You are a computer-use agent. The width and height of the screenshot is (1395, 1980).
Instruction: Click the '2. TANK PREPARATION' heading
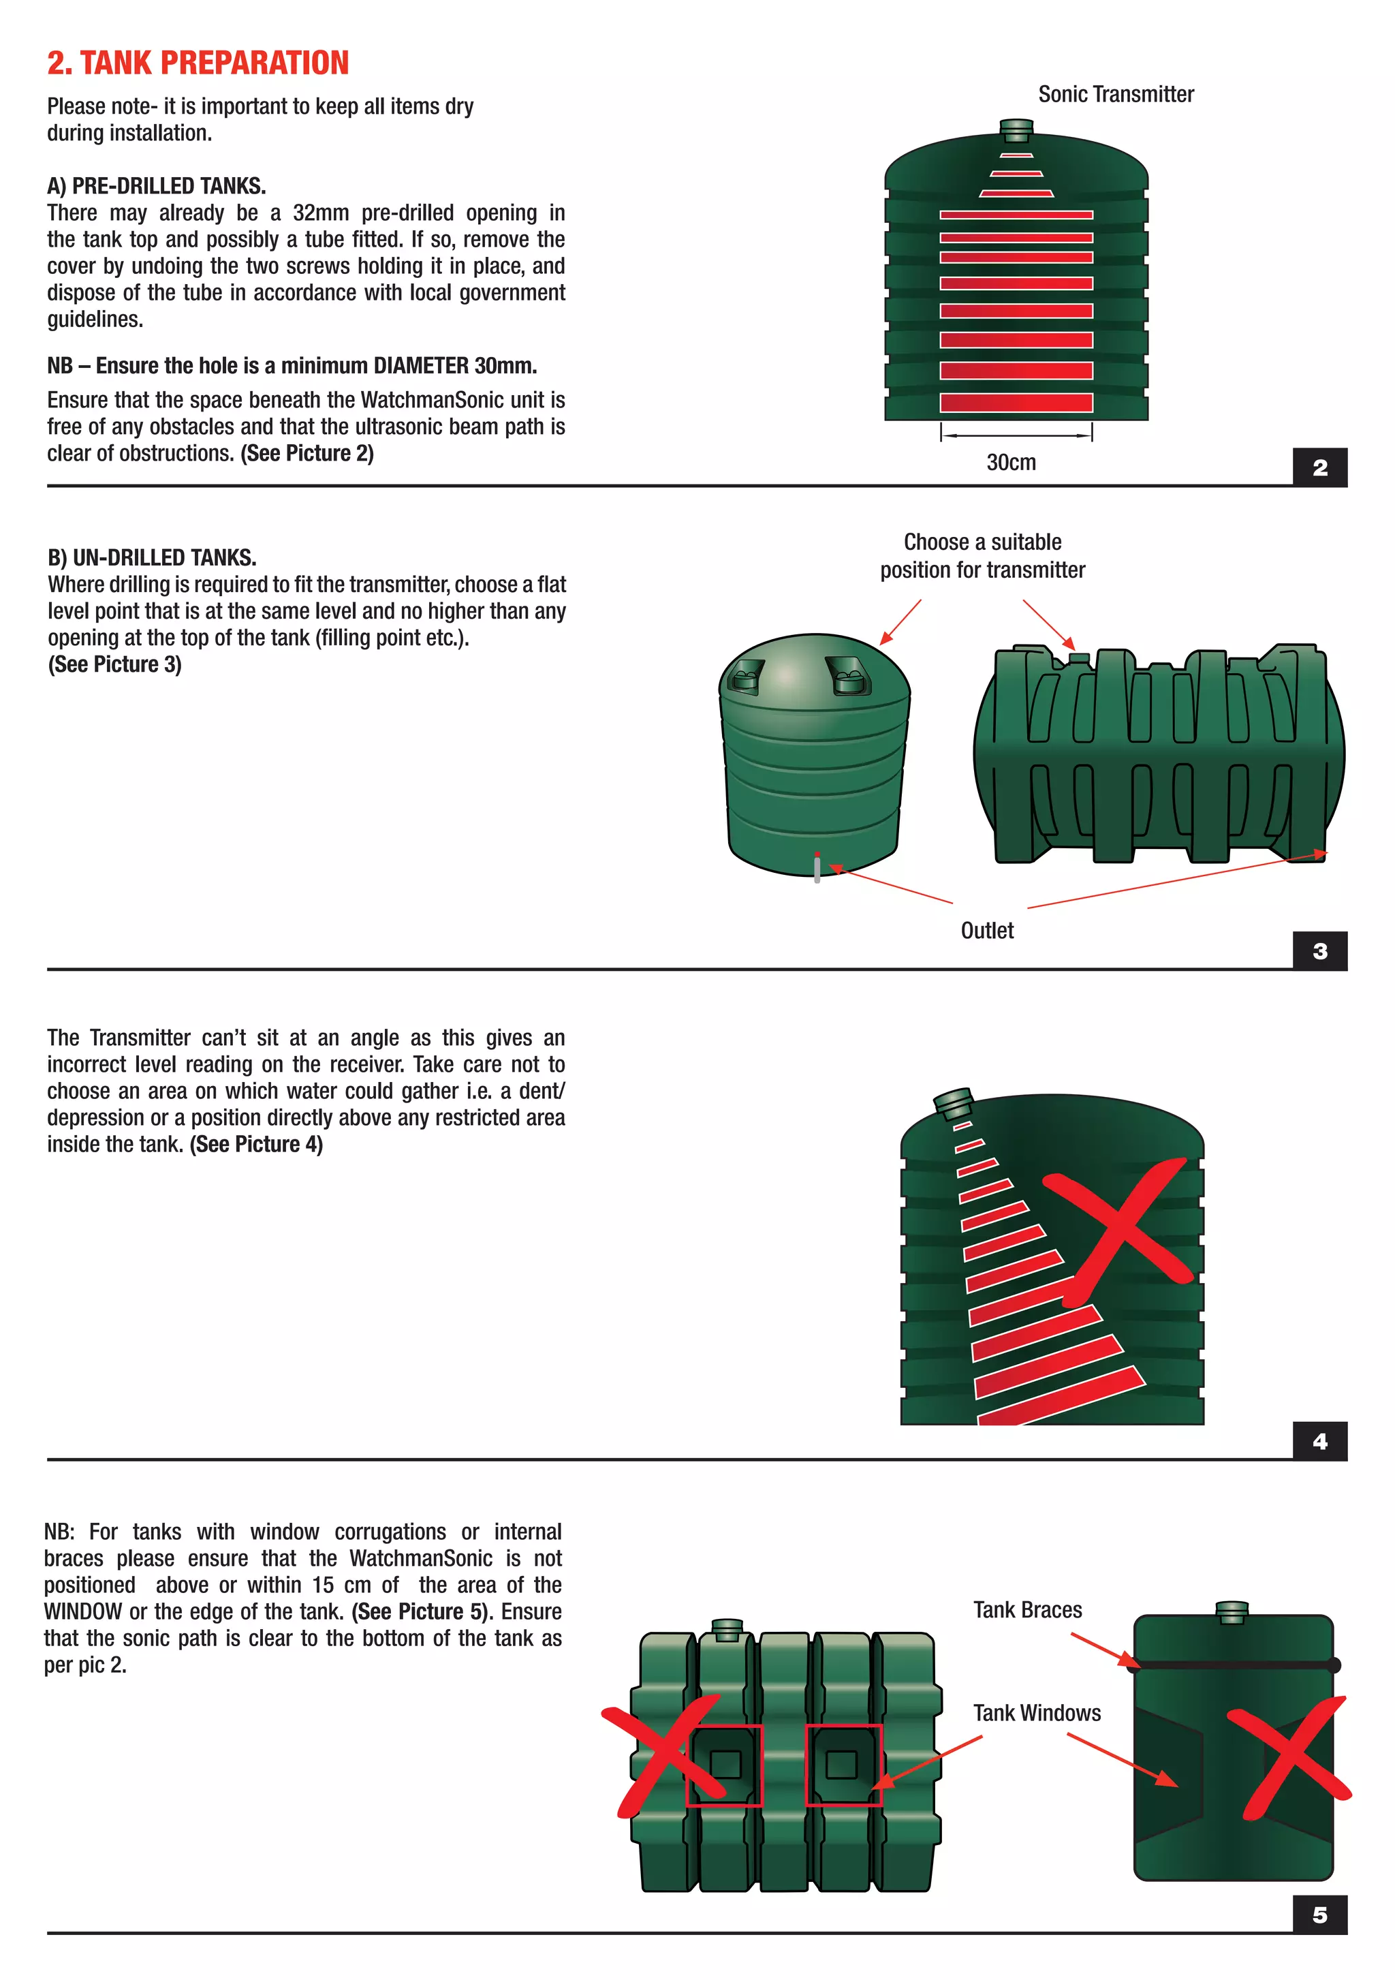[x=198, y=63]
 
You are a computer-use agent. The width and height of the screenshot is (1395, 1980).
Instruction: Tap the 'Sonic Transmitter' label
[x=1115, y=94]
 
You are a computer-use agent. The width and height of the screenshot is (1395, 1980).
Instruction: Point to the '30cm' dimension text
[x=1010, y=462]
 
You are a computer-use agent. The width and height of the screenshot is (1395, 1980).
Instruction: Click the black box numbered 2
[x=1319, y=467]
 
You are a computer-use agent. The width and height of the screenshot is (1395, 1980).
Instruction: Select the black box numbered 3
[x=1319, y=951]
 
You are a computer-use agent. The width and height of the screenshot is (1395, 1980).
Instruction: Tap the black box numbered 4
[x=1319, y=1441]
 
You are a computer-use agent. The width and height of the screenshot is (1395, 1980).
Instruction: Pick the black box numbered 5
[x=1319, y=1915]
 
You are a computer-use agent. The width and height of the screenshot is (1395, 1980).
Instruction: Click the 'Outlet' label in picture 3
[x=986, y=931]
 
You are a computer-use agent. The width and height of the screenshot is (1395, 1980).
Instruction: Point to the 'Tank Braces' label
[x=1027, y=1610]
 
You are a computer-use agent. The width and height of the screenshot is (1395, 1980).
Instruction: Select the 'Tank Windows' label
[x=1036, y=1713]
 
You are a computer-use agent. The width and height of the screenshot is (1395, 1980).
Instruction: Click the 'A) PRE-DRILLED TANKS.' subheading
[x=156, y=186]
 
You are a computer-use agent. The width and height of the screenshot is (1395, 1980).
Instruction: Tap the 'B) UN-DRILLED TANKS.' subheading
[x=152, y=557]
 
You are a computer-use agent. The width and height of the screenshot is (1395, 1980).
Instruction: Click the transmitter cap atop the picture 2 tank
[x=1016, y=130]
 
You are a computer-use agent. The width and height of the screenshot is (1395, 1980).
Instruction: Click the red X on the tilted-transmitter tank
[x=1120, y=1229]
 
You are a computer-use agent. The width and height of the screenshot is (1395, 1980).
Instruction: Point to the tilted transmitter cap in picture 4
[x=954, y=1102]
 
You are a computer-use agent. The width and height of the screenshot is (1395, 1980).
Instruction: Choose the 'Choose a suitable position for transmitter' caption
[x=982, y=555]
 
